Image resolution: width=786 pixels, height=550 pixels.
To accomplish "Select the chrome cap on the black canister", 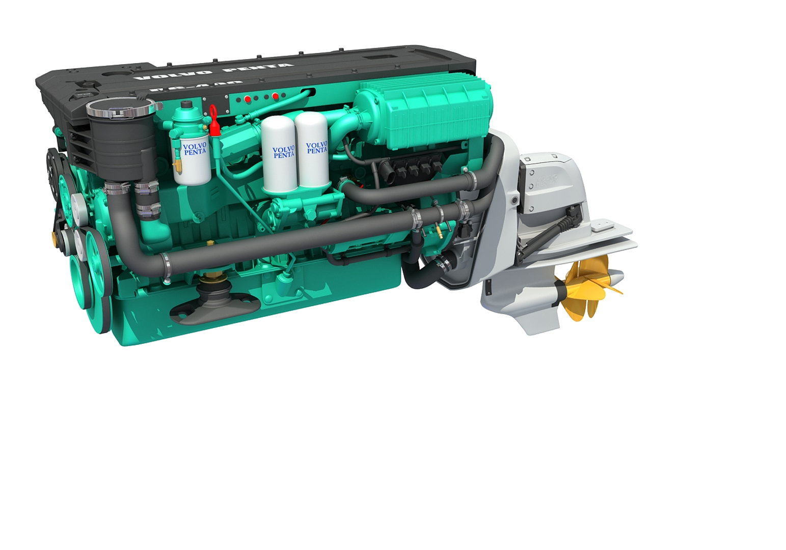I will [x=120, y=108].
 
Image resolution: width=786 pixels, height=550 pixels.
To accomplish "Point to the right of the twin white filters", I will [x=313, y=150].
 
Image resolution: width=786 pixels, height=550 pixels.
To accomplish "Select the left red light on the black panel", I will [x=247, y=99].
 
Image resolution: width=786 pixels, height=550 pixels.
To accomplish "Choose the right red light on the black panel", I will [x=275, y=96].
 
